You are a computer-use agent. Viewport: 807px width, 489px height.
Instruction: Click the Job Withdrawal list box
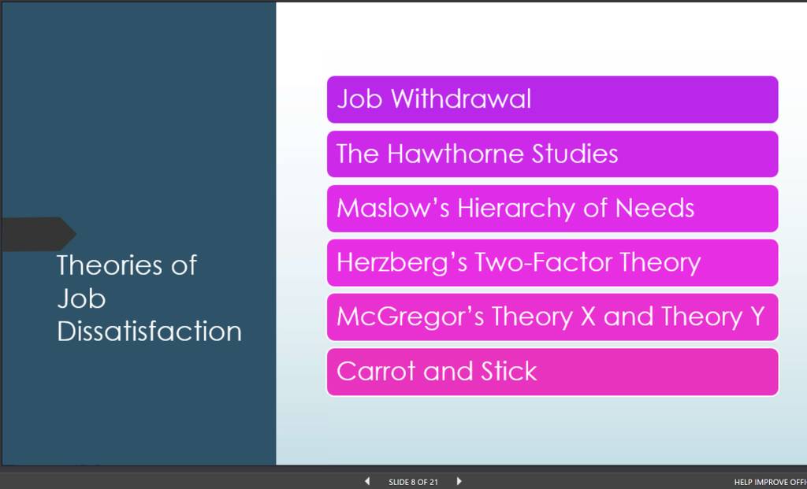click(x=552, y=99)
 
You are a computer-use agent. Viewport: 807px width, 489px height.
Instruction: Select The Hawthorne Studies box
click(x=552, y=154)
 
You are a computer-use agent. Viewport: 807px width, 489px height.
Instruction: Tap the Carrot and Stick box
click(x=552, y=372)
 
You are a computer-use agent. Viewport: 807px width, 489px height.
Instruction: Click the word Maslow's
click(x=393, y=208)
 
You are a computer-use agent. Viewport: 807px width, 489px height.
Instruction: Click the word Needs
click(x=655, y=208)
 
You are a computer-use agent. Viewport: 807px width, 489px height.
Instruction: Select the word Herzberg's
click(x=402, y=263)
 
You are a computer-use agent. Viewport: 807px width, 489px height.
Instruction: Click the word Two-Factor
click(x=543, y=262)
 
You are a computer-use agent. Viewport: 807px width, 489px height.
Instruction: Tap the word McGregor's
click(x=410, y=317)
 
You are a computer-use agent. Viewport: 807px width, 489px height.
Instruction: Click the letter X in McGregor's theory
click(x=588, y=317)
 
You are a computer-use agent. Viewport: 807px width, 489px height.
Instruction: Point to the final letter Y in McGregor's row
click(x=757, y=317)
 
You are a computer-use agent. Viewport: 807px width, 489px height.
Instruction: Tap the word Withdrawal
click(x=461, y=98)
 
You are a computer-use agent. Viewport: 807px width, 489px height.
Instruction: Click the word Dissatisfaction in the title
click(x=149, y=332)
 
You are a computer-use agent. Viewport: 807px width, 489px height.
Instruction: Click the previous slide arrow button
click(x=367, y=481)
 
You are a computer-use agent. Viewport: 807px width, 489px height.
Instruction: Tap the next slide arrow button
click(x=459, y=481)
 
